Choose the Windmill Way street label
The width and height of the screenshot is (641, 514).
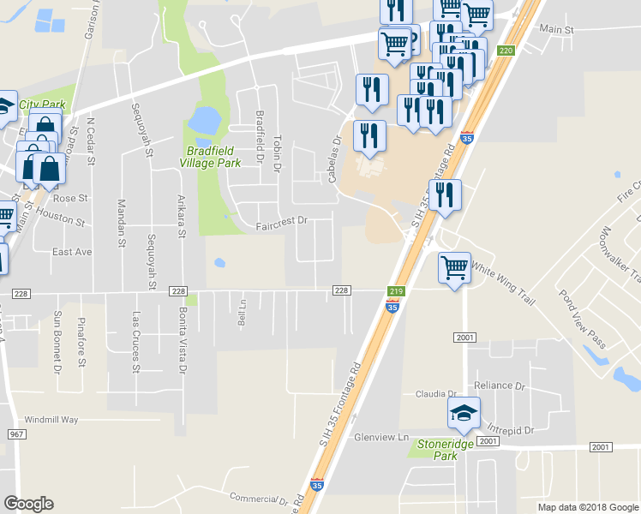(x=51, y=420)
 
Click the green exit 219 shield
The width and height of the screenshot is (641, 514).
(x=396, y=291)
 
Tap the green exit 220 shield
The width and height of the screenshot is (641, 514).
(x=506, y=51)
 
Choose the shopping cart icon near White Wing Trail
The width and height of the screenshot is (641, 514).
(x=454, y=266)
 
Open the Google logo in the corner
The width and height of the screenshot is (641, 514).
(x=28, y=504)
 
